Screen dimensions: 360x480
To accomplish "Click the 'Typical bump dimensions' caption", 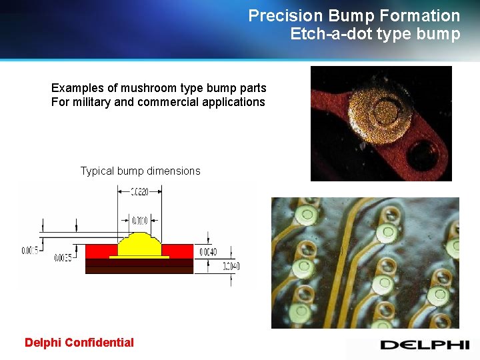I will pos(140,171).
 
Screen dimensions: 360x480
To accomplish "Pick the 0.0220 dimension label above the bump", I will pos(139,192).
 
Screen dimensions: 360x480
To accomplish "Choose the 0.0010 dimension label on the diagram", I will pos(139,220).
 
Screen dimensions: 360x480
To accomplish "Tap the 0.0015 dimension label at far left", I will pos(29,251).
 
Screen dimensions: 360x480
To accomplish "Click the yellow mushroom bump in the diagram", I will pos(139,245).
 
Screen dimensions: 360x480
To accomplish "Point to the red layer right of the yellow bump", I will pos(178,251).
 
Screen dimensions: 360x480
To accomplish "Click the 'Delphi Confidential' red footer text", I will pos(79,343).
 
